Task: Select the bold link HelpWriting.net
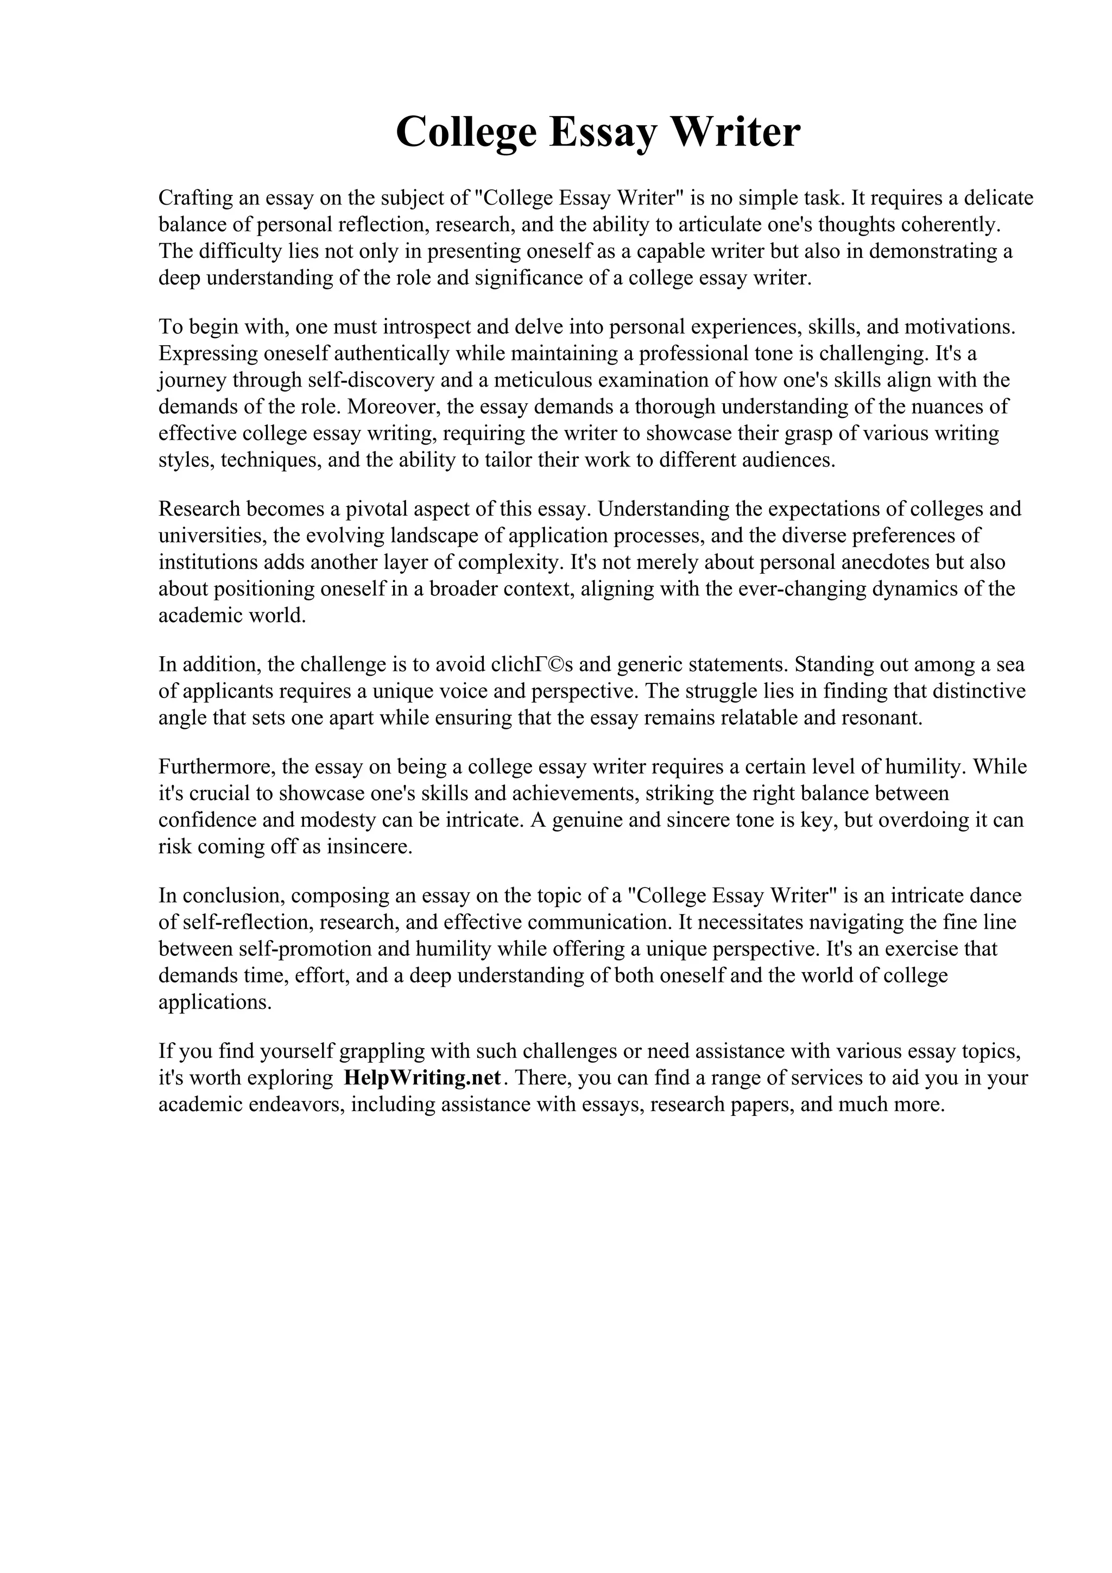click(x=422, y=1077)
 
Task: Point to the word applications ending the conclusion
click(x=215, y=1003)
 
